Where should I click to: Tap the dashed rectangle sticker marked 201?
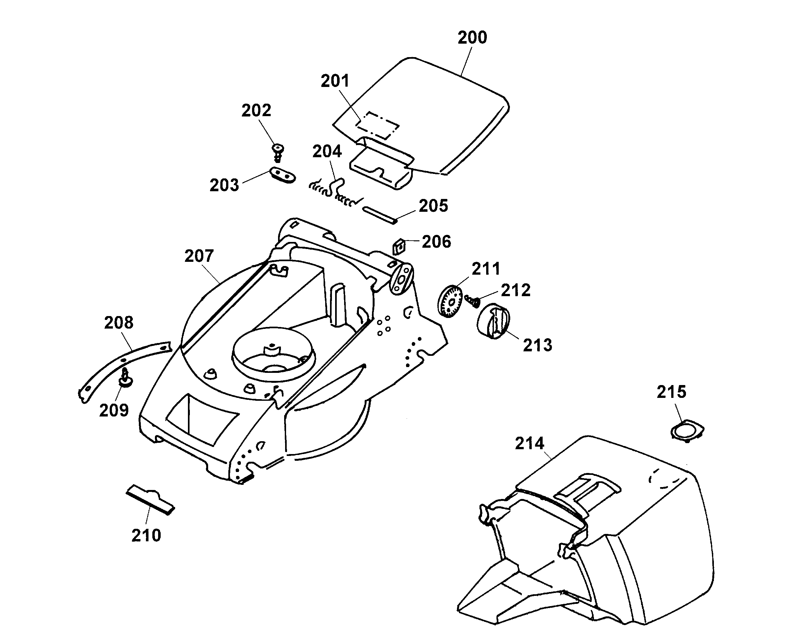pos(377,125)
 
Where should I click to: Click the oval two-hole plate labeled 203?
pos(283,175)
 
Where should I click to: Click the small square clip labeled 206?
pos(399,247)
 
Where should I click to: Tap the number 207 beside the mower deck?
pos(199,256)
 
